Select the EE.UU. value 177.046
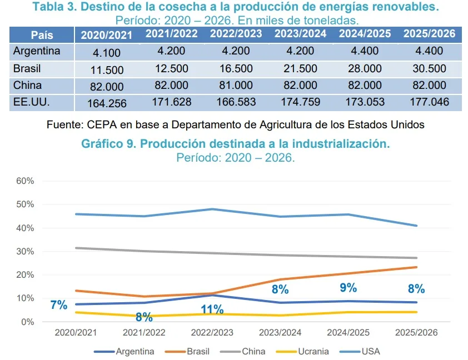pos(429,102)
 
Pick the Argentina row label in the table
pos(37,51)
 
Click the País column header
pos(42,34)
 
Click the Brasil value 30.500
pos(429,69)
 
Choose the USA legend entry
pos(371,352)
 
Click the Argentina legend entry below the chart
pos(135,352)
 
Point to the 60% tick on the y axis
pos(26,181)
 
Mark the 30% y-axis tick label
pos(26,252)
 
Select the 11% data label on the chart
pos(212,309)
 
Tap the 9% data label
pos(348,288)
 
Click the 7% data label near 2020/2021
pos(58,304)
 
